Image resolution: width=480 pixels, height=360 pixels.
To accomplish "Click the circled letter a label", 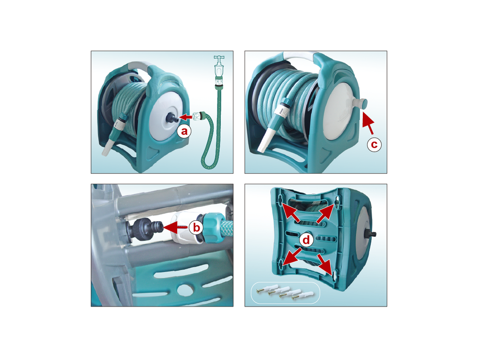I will pyautogui.click(x=184, y=131).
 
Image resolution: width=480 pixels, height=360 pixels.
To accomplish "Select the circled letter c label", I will pyautogui.click(x=374, y=144).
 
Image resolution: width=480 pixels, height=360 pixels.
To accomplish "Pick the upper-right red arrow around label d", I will pyautogui.click(x=326, y=213).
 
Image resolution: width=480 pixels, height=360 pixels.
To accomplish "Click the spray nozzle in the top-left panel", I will pyautogui.click(x=116, y=136).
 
